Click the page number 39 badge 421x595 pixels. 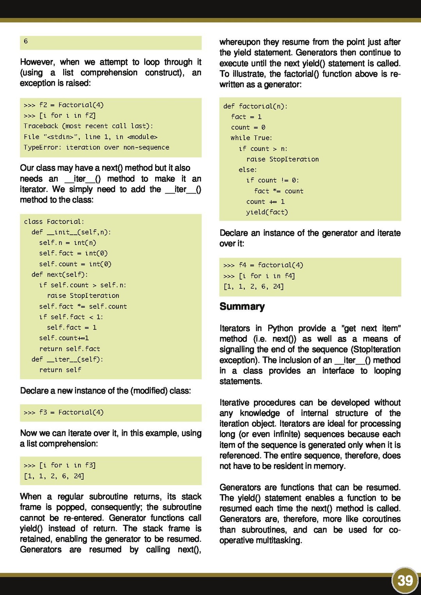click(405, 581)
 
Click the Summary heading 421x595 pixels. click(242, 306)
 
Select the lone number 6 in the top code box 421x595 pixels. click(26, 41)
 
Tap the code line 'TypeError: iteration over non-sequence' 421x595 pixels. click(96, 147)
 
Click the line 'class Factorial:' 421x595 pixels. click(54, 222)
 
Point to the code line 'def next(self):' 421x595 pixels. click(60, 275)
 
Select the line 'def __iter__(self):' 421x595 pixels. click(67, 359)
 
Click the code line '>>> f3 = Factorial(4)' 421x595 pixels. click(64, 412)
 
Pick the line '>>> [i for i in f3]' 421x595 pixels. click(60, 465)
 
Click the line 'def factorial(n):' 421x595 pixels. click(255, 106)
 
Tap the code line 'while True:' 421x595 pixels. click(251, 138)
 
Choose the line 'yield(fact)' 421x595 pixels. click(267, 212)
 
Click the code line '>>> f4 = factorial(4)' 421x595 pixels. click(263, 265)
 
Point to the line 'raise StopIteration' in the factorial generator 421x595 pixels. click(283, 159)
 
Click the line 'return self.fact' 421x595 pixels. click(69, 349)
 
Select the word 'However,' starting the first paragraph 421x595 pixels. click(36, 62)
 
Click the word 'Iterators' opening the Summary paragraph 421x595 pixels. click(235, 328)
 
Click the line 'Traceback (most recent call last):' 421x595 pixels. click(88, 126)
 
